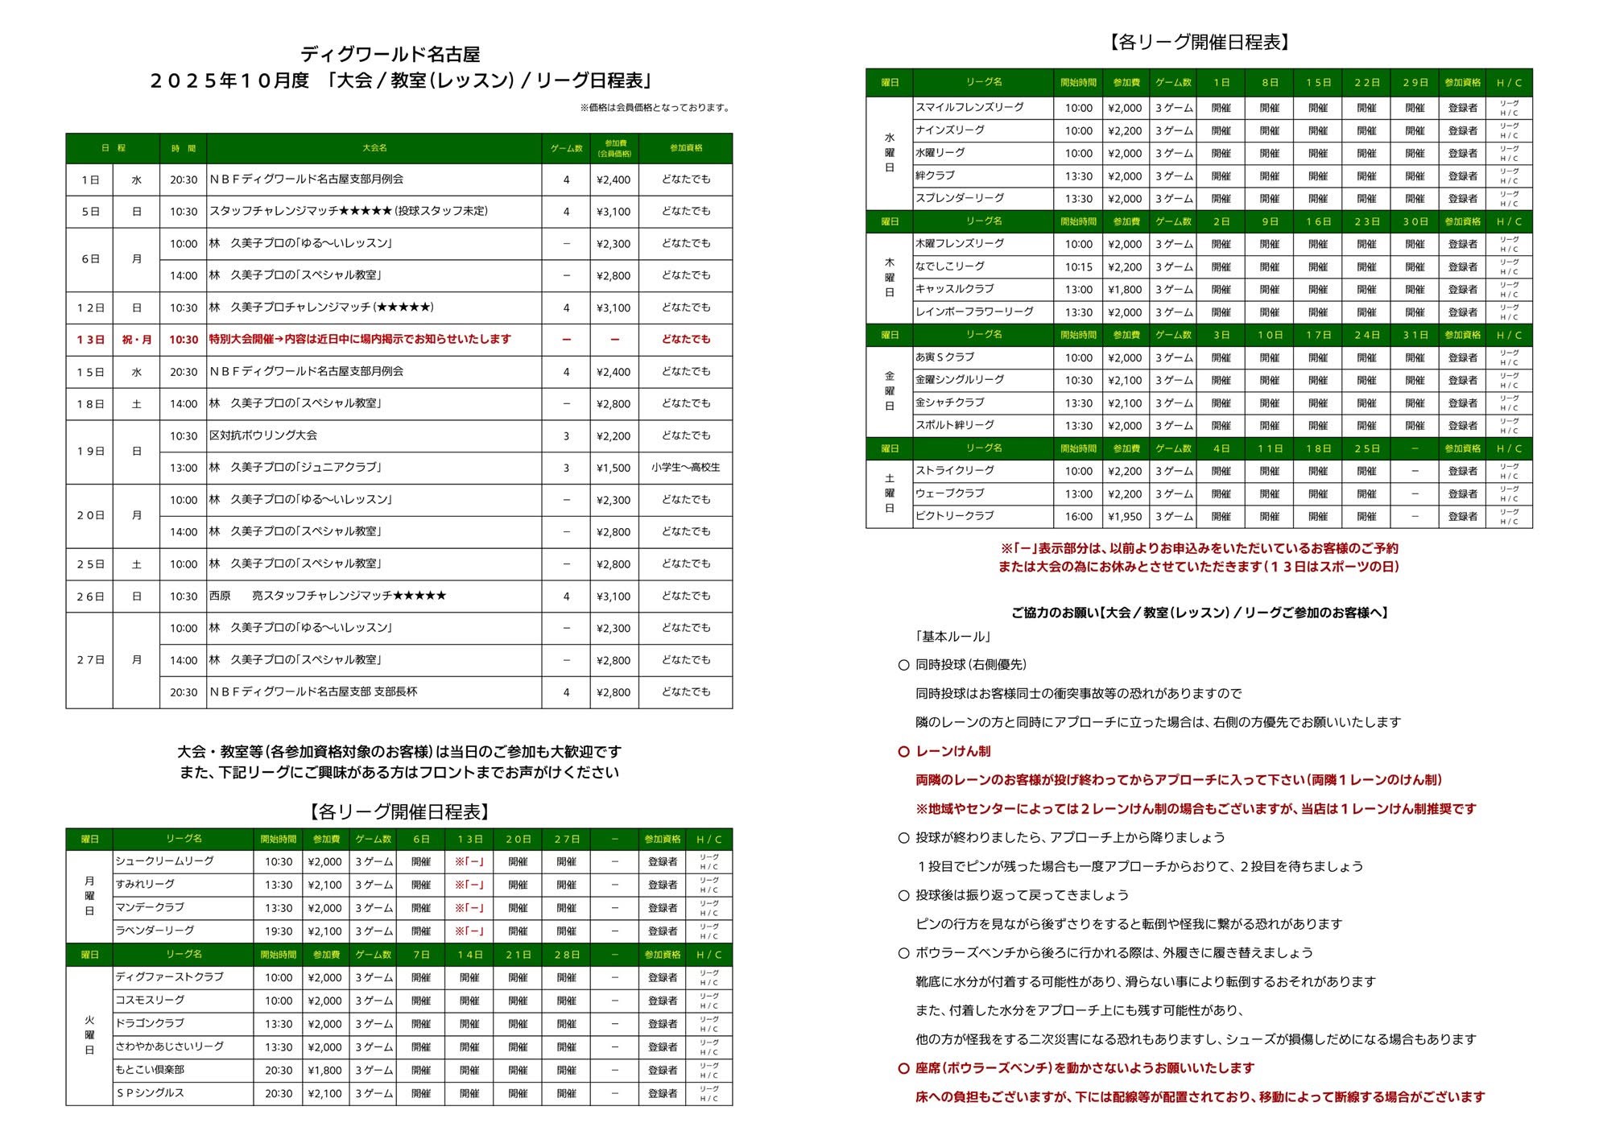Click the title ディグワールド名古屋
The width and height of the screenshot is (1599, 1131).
[x=390, y=55]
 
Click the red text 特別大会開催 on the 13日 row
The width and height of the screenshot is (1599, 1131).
[x=242, y=340]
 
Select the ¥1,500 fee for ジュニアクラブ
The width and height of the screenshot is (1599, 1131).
[x=614, y=468]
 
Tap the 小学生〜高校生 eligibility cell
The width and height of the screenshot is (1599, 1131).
[x=685, y=468]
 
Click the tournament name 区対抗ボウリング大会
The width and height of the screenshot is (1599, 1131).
[x=263, y=435]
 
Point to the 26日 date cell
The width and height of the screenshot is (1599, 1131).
[x=90, y=596]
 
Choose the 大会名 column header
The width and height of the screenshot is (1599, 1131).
[x=374, y=148]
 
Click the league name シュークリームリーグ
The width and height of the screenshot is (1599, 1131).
[x=164, y=861]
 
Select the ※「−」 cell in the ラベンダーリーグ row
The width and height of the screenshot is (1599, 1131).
[x=469, y=931]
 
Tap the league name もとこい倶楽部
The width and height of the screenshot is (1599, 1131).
[x=150, y=1070]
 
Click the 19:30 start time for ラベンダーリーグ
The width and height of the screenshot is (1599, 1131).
[x=279, y=931]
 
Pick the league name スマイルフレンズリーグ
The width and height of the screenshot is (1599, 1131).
[x=969, y=108]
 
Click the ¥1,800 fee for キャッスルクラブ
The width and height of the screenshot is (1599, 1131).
[x=1125, y=290]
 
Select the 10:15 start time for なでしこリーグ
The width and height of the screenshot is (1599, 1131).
[x=1079, y=267]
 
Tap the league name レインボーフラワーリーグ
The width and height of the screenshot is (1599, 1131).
[x=974, y=312]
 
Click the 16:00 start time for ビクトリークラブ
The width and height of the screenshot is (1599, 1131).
[x=1079, y=517]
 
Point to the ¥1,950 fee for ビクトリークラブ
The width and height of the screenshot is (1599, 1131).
[x=1125, y=517]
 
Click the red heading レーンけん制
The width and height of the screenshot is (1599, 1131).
[x=953, y=752]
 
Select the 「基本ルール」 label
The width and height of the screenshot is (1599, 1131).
[x=953, y=637]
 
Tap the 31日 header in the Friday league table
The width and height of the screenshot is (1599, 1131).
[x=1415, y=335]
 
